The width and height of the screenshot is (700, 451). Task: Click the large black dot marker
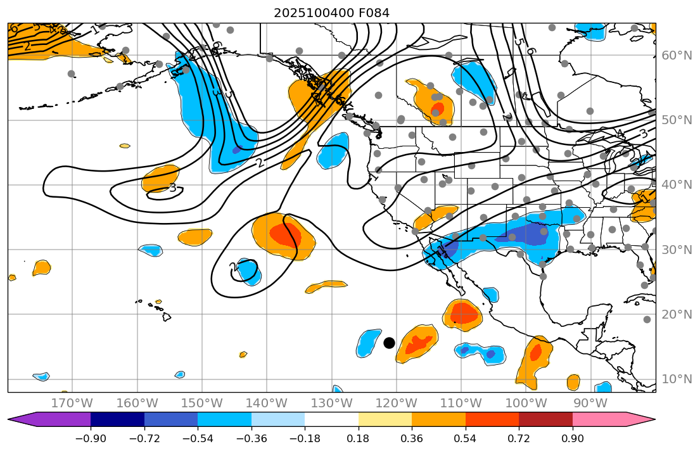[389, 343]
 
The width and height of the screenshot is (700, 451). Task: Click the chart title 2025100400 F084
[331, 13]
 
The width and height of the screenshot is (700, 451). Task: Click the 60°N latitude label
[677, 56]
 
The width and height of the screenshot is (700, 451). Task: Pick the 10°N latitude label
[677, 379]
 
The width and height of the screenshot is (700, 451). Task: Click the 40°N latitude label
[677, 185]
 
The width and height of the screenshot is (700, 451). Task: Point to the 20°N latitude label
[677, 315]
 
